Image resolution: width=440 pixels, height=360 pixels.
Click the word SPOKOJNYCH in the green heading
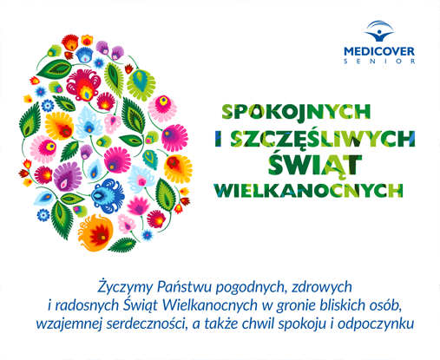click(296, 111)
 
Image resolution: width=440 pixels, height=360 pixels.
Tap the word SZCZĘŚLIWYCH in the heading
click(323, 138)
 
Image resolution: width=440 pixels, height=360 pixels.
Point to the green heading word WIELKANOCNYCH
click(308, 190)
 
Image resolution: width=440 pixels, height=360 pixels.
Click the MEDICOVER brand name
click(379, 52)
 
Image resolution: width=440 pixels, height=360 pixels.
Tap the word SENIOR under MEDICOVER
click(379, 62)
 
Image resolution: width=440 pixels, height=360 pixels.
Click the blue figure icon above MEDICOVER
click(379, 31)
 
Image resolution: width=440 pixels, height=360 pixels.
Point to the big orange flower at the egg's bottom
click(95, 232)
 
